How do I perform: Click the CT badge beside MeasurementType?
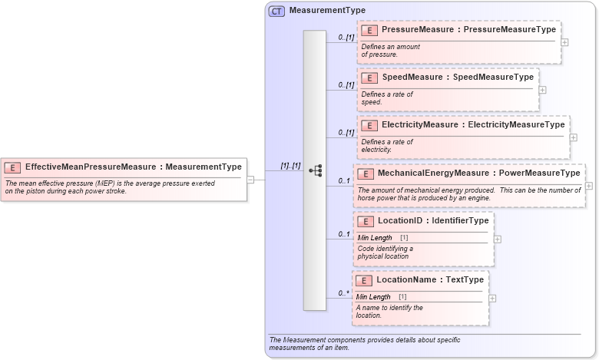click(276, 11)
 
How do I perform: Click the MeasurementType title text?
click(327, 11)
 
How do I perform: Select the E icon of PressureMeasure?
click(369, 30)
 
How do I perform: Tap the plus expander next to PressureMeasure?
click(564, 42)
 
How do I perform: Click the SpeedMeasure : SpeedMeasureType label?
click(458, 77)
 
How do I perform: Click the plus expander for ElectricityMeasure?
click(574, 137)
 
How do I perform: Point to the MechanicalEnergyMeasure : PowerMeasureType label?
click(478, 173)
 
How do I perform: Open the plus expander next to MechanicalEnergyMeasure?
click(589, 186)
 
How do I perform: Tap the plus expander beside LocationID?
click(498, 239)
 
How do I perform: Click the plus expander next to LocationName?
click(492, 298)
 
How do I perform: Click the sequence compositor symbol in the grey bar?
click(315, 170)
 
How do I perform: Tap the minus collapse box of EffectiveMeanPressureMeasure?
click(250, 180)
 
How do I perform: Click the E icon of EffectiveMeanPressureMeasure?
click(13, 167)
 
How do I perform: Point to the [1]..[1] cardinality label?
click(290, 165)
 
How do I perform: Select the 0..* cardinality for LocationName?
click(344, 293)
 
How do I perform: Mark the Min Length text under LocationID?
click(375, 238)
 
